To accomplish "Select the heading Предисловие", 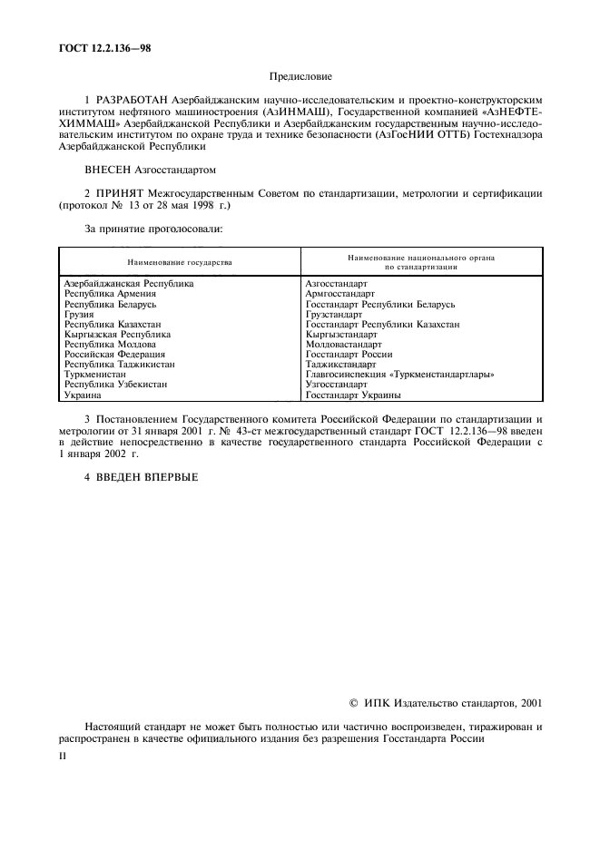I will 301,78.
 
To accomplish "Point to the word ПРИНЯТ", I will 120,193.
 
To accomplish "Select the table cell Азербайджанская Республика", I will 129,283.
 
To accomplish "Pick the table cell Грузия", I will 79,314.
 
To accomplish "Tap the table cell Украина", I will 82,395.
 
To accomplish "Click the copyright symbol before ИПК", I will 355,703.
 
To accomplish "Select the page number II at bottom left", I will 62,752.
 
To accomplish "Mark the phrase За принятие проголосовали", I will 153,229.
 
